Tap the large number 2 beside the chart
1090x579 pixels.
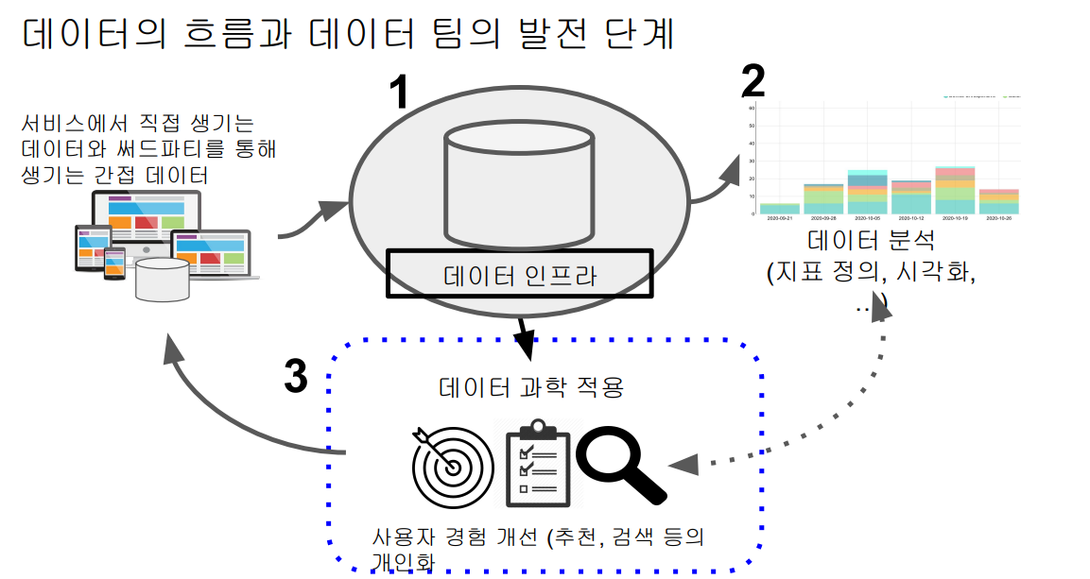tap(753, 81)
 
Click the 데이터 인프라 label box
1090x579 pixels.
tap(519, 274)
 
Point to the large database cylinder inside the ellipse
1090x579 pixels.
tap(519, 189)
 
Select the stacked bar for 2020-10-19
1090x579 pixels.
tap(954, 190)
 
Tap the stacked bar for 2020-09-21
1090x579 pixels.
tap(780, 208)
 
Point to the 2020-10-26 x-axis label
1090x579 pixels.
tap(997, 218)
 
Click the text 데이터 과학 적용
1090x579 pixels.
tap(531, 387)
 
